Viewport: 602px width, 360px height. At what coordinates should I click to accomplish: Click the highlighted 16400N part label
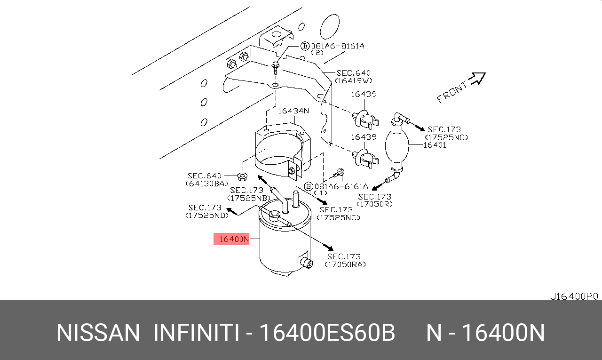[231, 239]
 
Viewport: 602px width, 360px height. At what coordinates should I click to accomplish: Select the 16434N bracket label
[293, 111]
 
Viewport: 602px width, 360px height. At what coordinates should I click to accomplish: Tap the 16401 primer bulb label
[434, 145]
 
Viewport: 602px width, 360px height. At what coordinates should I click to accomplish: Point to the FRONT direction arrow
[477, 79]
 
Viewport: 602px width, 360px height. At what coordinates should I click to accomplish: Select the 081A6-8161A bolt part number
[337, 46]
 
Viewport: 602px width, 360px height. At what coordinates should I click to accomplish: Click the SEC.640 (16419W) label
[353, 77]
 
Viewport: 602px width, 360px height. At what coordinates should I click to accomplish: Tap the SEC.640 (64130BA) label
[207, 179]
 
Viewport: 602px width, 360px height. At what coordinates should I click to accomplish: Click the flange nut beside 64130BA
[242, 177]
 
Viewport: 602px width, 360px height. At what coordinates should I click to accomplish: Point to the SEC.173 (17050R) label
[374, 200]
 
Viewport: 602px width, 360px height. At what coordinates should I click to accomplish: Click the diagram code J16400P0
[574, 296]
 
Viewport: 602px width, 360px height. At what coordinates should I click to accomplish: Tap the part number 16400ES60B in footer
[327, 333]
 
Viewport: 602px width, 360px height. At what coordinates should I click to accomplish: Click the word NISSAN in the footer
[98, 333]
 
